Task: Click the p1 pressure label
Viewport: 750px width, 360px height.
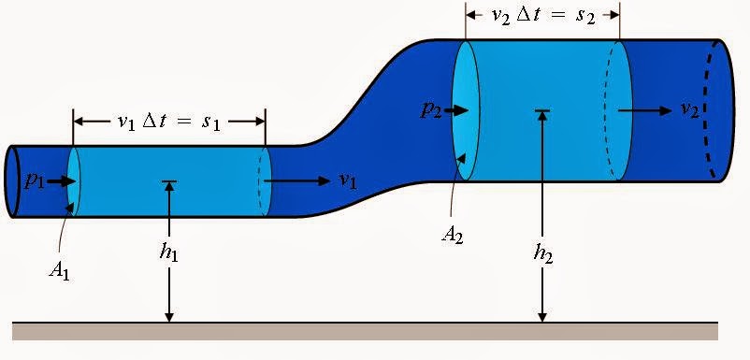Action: (35, 181)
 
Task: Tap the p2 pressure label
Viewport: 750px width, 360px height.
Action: (431, 111)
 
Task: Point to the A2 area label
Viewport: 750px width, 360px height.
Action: (454, 233)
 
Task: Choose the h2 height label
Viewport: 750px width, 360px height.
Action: (542, 252)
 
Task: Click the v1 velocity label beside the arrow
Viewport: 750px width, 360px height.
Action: (348, 180)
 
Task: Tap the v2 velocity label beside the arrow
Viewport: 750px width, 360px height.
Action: (689, 110)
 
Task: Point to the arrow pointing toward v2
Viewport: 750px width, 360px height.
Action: (645, 110)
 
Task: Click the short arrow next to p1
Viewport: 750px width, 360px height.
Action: (60, 181)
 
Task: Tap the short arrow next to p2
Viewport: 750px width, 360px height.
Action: (455, 111)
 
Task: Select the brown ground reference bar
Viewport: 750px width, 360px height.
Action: (365, 331)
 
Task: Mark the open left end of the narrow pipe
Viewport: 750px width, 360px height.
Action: (11, 181)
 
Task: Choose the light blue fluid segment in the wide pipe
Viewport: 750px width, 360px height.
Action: (542, 140)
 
